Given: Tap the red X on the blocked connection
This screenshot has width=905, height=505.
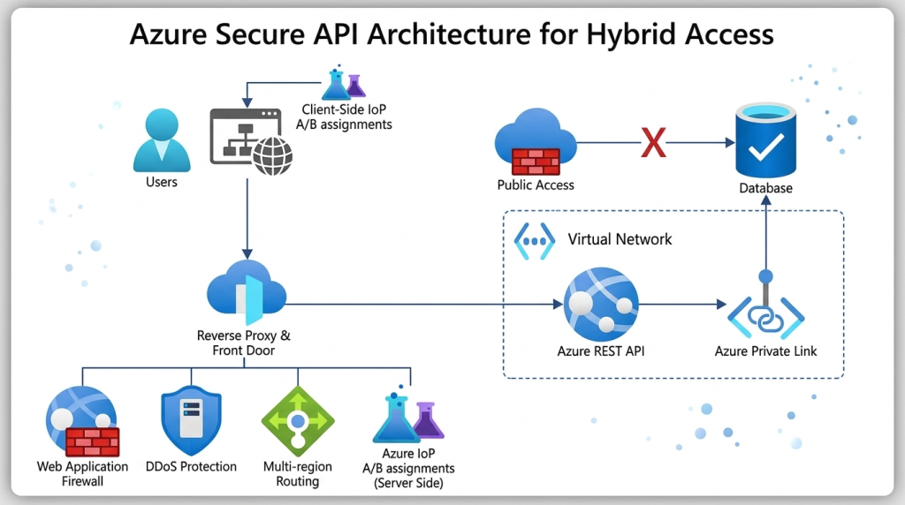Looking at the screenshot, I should [x=653, y=141].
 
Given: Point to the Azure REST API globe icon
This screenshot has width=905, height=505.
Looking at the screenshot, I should [x=601, y=305].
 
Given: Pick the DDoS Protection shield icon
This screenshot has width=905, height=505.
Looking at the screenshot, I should [x=191, y=420].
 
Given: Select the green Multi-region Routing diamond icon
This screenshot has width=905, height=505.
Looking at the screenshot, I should [x=298, y=420].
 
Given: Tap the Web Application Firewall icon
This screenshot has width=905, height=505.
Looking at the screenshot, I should [x=82, y=421].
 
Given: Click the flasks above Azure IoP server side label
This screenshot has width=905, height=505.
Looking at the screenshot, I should [x=408, y=418].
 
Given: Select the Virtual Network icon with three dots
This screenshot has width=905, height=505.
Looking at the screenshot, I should [x=534, y=240].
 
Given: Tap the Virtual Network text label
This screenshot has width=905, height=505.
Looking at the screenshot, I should [x=620, y=239].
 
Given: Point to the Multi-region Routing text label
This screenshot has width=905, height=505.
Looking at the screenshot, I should [x=298, y=474].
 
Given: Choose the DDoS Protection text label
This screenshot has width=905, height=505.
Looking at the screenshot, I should [x=191, y=466].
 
